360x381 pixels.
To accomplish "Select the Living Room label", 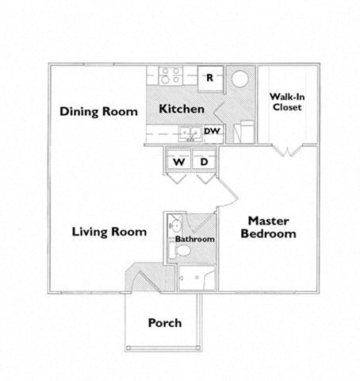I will click(109, 232).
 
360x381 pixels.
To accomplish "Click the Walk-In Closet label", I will click(286, 102).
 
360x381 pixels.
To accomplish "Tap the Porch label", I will click(165, 323).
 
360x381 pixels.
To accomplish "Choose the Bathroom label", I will click(195, 239).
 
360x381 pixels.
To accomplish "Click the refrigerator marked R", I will click(209, 78).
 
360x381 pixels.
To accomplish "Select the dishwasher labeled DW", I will click(211, 132).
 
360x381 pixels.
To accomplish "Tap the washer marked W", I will click(179, 162).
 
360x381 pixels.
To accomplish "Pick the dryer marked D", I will click(204, 162).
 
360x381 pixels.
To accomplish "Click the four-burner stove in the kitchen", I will click(170, 76).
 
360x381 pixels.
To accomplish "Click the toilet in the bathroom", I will click(183, 251).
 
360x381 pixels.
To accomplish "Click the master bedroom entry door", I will click(227, 194).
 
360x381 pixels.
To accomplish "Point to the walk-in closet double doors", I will click(286, 148).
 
